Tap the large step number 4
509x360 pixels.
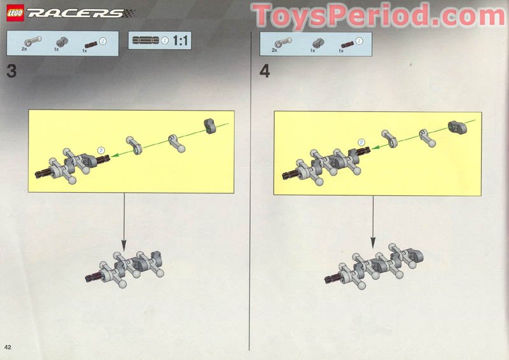pyautogui.click(x=265, y=71)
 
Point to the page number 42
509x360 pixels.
pyautogui.click(x=8, y=347)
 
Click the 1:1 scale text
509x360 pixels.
pyautogui.click(x=180, y=41)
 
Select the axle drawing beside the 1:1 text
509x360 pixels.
pyautogui.click(x=145, y=41)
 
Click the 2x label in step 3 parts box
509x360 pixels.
pyautogui.click(x=25, y=48)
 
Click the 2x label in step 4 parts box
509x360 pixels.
pyautogui.click(x=275, y=49)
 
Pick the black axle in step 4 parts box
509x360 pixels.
pyautogui.click(x=347, y=43)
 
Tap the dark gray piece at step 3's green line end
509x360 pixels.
pyautogui.click(x=211, y=125)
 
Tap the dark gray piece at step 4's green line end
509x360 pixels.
pyautogui.click(x=457, y=126)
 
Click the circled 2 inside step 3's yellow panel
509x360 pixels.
pyautogui.click(x=100, y=149)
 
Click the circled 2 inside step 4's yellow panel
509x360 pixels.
pyautogui.click(x=361, y=142)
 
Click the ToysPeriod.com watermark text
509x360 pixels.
pyautogui.click(x=378, y=15)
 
